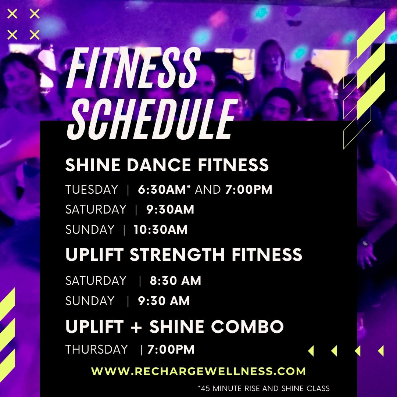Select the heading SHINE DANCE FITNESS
[167, 165]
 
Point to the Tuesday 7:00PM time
[248, 190]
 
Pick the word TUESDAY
[92, 190]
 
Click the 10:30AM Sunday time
[161, 230]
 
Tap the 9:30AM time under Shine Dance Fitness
[170, 210]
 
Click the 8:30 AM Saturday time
[175, 281]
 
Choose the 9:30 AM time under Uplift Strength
[164, 301]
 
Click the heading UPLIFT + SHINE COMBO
[175, 326]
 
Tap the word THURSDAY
[97, 349]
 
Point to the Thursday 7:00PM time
[171, 349]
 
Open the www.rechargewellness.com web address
[198, 371]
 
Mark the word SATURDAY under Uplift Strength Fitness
[96, 281]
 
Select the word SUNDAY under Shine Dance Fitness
[90, 230]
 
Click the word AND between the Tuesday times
[208, 190]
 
